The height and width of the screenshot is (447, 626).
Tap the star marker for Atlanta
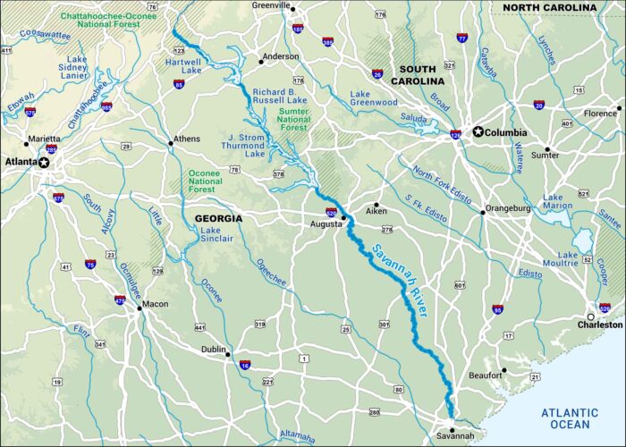click(43, 163)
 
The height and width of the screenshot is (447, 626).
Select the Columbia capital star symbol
click(478, 132)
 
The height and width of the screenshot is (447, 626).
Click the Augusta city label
click(325, 223)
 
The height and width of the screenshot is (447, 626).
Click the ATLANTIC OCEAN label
click(576, 418)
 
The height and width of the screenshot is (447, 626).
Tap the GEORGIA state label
click(218, 218)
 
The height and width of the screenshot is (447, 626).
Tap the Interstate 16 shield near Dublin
click(245, 364)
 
